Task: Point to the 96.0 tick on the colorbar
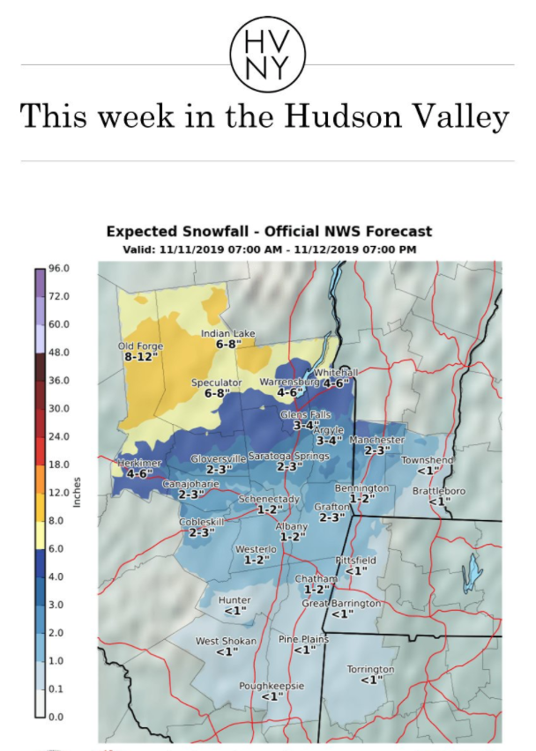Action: [x=57, y=268]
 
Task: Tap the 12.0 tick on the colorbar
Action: [x=57, y=492]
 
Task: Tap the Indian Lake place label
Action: [x=227, y=333]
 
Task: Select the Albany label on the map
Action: [x=292, y=526]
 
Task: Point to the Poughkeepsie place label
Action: [x=272, y=685]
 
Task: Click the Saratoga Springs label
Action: [x=288, y=456]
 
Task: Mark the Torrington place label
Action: [x=370, y=669]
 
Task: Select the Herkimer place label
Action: [x=136, y=463]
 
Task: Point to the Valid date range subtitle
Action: [x=269, y=249]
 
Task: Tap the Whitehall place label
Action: [x=337, y=372]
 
